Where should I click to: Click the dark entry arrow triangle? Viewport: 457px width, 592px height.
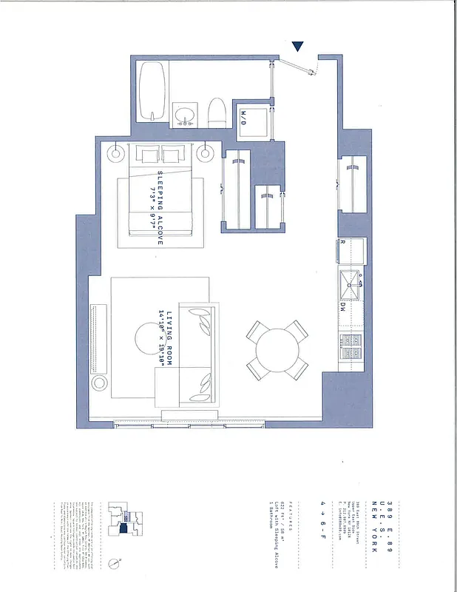[298, 47]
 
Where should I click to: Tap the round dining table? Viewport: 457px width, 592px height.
[277, 348]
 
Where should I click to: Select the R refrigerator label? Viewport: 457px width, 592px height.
[343, 242]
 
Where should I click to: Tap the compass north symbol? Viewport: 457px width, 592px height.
[112, 563]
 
